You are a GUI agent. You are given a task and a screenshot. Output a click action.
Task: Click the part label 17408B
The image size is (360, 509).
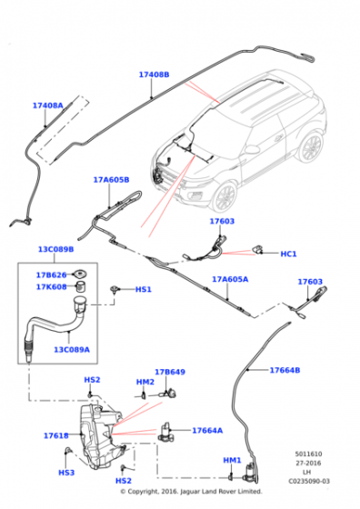154,75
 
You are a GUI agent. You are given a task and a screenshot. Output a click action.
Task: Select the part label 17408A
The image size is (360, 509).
47,105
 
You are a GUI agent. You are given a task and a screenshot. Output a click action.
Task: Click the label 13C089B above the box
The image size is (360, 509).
55,249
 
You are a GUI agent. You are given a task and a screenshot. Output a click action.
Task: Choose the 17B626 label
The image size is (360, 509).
51,274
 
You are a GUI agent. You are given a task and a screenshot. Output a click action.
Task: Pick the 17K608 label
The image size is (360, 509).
51,286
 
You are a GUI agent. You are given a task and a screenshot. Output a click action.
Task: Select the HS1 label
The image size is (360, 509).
143,289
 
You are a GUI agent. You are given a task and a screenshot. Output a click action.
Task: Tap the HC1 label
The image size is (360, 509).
288,254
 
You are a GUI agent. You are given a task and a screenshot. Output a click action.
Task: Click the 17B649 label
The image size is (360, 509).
169,372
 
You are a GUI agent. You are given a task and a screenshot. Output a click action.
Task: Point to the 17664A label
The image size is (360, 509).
207,430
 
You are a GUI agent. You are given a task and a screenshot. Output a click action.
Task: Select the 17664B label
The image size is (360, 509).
284,370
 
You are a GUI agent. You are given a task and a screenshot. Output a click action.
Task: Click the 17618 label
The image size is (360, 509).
55,436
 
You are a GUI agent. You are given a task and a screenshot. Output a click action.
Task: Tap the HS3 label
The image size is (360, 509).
65,473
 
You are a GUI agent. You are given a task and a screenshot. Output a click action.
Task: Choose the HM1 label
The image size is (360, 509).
232,460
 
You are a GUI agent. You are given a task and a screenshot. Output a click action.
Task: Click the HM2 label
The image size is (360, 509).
145,382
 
